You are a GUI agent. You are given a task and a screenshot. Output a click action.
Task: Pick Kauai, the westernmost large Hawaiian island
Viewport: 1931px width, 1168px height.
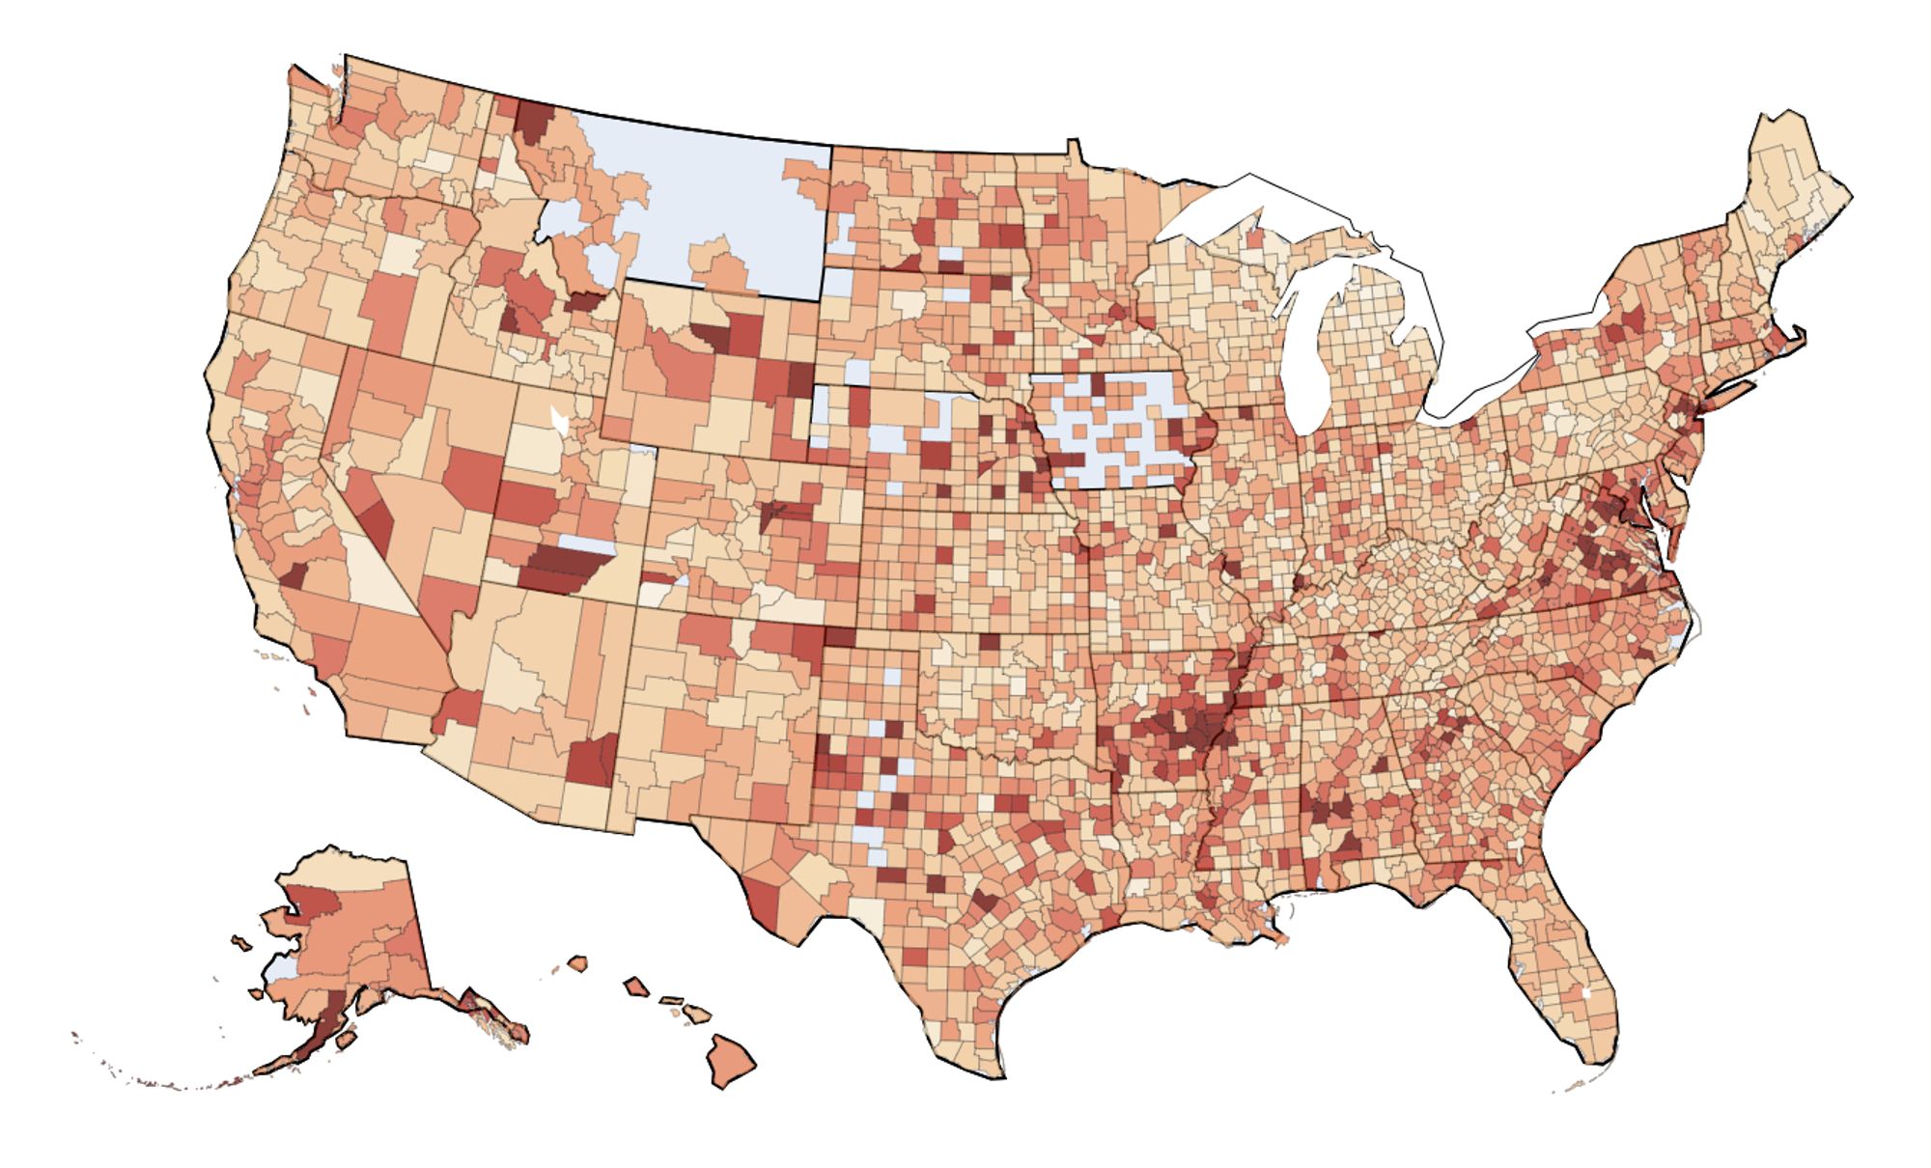coord(577,962)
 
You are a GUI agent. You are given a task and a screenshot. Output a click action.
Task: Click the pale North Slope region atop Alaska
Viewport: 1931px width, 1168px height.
coord(348,869)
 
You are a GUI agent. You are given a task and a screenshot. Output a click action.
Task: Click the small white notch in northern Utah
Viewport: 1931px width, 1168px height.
coord(558,420)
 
